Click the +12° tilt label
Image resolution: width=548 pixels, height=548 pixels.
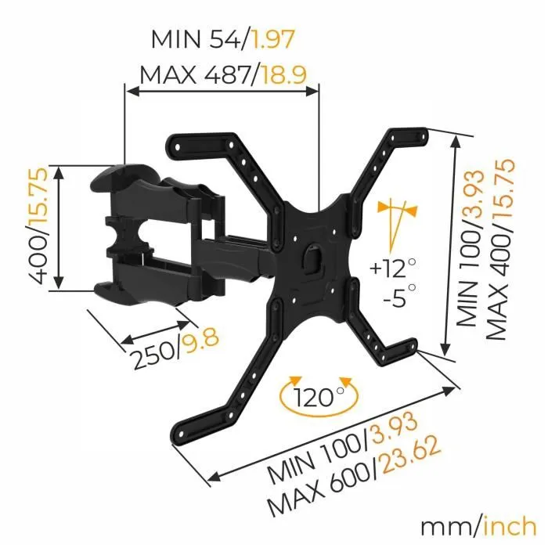(x=389, y=269)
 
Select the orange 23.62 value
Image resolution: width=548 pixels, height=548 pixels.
(x=405, y=463)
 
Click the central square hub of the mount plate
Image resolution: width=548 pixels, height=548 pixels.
(x=313, y=258)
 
